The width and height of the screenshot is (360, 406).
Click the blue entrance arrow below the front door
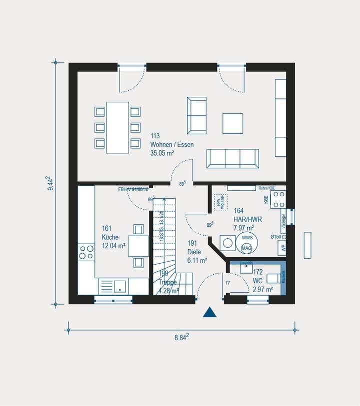(209, 313)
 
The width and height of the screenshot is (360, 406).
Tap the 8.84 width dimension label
(181, 338)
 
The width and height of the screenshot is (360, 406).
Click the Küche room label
(110, 237)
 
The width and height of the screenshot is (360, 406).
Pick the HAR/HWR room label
(247, 219)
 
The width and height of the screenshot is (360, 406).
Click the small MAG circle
(246, 248)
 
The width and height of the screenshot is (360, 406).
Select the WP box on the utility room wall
(283, 248)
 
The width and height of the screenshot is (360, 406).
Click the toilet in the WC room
(273, 279)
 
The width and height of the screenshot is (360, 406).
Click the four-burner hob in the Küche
(86, 252)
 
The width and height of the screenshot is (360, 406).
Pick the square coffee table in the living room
(233, 123)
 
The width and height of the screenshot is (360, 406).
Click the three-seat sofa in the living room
(233, 158)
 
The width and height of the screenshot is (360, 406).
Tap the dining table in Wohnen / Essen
(117, 127)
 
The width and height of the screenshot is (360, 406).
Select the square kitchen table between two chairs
(138, 246)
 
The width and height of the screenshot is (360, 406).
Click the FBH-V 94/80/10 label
(133, 190)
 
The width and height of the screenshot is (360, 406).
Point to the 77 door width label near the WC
(227, 283)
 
